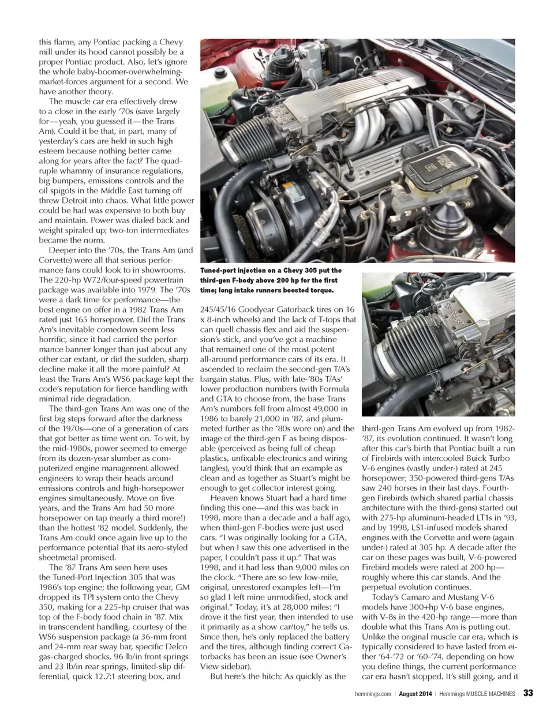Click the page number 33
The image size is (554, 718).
coord(528,694)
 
